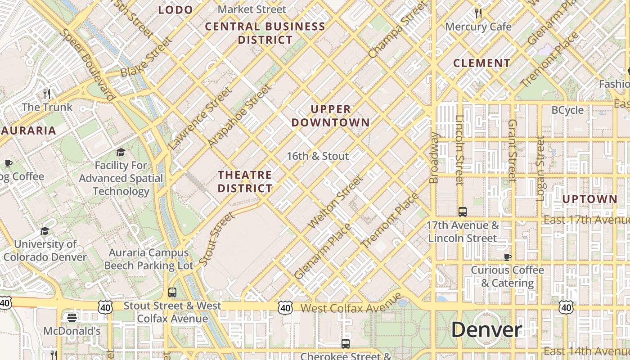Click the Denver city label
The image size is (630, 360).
486,329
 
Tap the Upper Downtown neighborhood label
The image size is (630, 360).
331,116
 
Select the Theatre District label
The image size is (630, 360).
245,181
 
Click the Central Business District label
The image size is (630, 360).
265,33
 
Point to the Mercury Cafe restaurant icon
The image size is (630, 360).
478,13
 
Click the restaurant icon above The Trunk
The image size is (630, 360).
47,94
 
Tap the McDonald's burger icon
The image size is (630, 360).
72,318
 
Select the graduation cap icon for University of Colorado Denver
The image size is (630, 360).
45,231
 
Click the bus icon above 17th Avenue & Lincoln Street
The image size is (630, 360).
462,211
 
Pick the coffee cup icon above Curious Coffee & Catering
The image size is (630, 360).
508,257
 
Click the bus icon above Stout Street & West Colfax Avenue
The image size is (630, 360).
172,292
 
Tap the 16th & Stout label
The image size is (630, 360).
318,156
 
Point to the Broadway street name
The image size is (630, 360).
434,157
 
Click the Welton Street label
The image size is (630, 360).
335,202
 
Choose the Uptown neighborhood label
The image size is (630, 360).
589,199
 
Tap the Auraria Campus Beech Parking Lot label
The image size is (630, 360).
148,259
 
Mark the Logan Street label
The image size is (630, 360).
540,169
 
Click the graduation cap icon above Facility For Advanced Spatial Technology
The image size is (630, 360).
121,153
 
